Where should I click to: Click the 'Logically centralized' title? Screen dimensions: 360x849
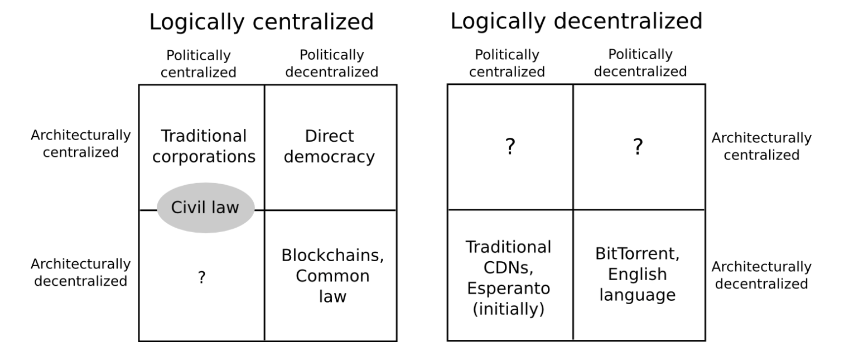(x=261, y=22)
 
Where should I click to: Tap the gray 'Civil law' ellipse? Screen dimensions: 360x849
(x=205, y=208)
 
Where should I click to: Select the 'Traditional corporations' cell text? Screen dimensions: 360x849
(x=204, y=146)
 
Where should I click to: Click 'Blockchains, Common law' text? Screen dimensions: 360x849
(x=333, y=276)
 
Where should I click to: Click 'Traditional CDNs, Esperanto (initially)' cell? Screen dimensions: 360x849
(x=508, y=278)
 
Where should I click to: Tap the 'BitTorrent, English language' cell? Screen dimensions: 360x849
(x=637, y=276)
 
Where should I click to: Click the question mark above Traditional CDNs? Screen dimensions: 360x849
(x=509, y=147)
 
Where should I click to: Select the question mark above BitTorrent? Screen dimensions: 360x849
(x=638, y=147)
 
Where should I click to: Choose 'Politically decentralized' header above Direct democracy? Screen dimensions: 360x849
(x=332, y=64)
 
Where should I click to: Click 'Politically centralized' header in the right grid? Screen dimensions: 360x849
(x=507, y=64)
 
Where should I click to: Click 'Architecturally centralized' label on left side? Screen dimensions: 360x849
(x=81, y=144)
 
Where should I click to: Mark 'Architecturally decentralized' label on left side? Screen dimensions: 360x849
(x=81, y=272)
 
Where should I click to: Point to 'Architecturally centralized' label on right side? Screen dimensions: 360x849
(x=761, y=146)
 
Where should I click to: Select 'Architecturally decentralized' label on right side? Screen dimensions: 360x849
(x=761, y=275)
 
